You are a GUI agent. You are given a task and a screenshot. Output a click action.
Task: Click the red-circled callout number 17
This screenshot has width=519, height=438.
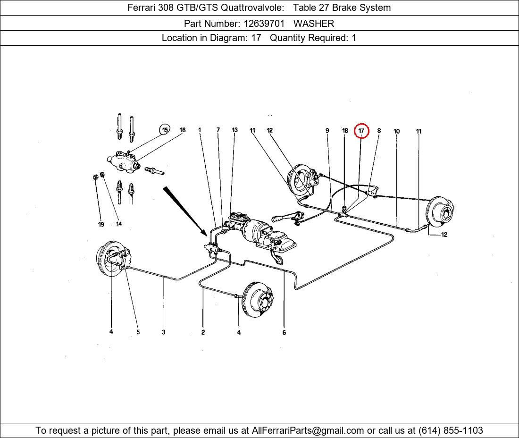[361, 131]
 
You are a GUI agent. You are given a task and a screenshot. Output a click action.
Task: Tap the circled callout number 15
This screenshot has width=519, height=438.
[165, 130]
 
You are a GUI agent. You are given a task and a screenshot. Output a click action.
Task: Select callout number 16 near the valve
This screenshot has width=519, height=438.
[183, 130]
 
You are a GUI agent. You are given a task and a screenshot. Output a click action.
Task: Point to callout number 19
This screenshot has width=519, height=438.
[101, 225]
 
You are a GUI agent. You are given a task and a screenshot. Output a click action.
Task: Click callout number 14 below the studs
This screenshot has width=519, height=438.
[118, 224]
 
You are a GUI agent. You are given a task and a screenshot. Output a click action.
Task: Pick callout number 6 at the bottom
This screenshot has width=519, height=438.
[284, 333]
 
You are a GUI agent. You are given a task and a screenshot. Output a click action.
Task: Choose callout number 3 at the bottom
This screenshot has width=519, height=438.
[163, 332]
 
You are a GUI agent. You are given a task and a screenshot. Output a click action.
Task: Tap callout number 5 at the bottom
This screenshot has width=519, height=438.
[138, 332]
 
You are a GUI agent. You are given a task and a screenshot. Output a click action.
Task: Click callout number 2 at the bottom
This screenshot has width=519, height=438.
[203, 332]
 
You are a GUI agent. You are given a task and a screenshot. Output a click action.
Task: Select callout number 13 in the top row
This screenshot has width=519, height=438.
[234, 130]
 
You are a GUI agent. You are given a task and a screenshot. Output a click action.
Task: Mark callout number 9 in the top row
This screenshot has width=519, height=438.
[327, 131]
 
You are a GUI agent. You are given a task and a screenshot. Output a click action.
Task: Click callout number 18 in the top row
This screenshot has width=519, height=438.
[345, 131]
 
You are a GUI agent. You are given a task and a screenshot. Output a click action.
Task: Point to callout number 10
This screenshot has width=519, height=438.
[396, 131]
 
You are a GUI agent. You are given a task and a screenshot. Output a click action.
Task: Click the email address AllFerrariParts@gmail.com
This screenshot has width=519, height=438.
[308, 430]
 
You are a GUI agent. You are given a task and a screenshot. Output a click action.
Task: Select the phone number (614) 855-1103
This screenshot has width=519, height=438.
[451, 430]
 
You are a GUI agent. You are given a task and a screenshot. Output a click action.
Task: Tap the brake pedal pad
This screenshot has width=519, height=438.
[279, 261]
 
